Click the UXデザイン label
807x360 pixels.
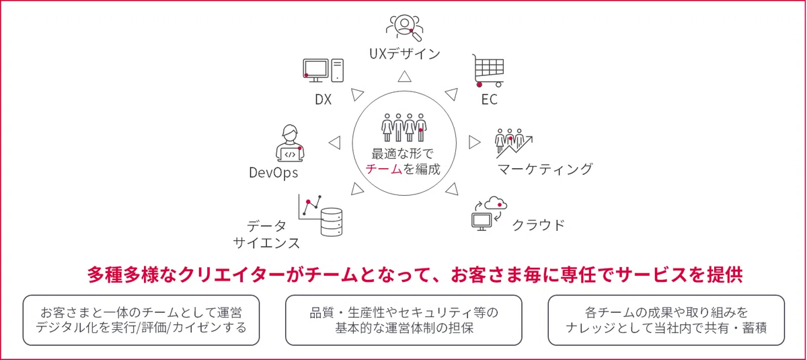405,54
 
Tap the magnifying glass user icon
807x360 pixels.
405,28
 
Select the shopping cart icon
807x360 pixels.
488,71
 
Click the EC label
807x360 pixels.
490,99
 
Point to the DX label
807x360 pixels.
323,99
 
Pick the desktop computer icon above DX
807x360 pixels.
323,70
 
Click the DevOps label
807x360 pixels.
274,173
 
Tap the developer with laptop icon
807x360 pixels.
290,143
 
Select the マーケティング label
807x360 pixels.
545,169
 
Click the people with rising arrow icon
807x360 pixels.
513,143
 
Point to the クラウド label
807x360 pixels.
538,225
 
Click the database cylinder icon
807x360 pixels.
332,222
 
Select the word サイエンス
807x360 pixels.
266,243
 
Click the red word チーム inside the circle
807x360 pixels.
384,169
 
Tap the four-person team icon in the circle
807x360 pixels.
404,128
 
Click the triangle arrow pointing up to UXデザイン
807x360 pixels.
405,77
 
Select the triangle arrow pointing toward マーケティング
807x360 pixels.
475,143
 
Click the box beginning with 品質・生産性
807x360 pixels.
403,320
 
